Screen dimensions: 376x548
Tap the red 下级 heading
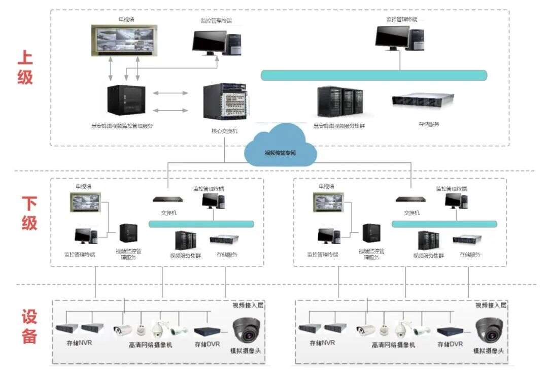coord(29,213)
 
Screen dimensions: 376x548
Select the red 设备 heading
coord(29,327)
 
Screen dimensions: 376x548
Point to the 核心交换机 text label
coord(225,131)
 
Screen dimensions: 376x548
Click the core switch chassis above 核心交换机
coord(225,103)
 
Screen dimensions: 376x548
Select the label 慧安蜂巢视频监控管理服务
coord(122,126)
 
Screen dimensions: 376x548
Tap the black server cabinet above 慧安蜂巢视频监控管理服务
coord(126,99)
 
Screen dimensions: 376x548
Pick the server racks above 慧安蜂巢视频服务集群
coord(340,101)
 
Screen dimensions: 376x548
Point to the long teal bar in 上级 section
coord(373,75)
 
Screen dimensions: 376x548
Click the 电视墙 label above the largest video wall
coord(126,20)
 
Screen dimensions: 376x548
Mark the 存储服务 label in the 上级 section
coord(429,123)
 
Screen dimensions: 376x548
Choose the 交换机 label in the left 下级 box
coord(168,213)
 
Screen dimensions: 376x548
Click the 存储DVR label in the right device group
coord(450,344)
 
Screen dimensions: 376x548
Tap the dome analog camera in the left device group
coord(247,329)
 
